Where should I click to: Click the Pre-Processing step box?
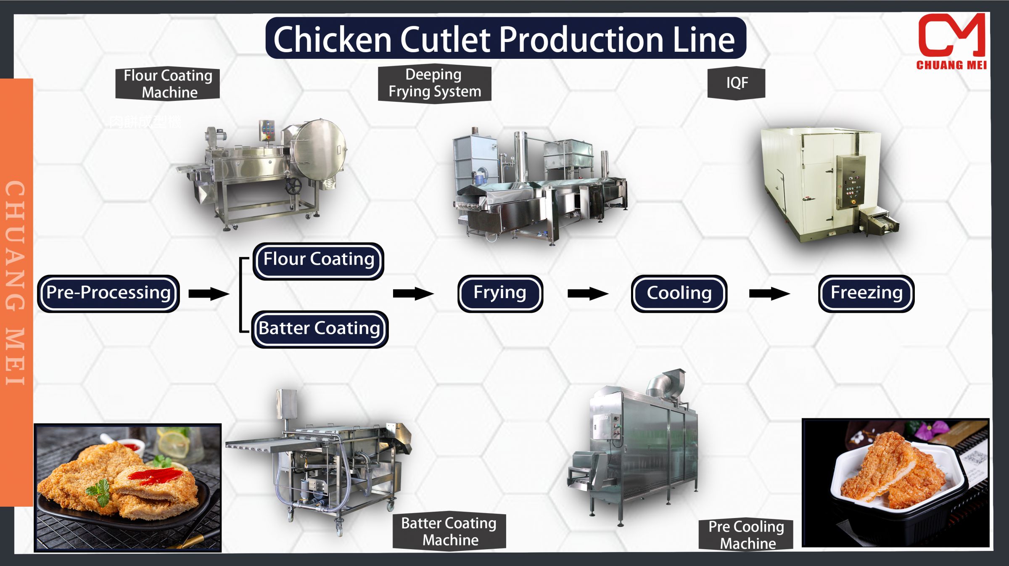(x=108, y=293)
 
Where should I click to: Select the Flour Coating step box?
(x=318, y=260)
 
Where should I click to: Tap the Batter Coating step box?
(x=320, y=329)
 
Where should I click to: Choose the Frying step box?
(x=500, y=293)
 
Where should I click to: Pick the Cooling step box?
(x=679, y=294)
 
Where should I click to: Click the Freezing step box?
(x=866, y=293)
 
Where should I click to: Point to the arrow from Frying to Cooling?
(x=587, y=294)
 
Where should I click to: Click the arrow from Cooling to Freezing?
(x=769, y=294)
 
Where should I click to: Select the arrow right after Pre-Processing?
(x=209, y=294)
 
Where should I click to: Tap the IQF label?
(x=737, y=83)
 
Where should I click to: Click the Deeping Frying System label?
(x=434, y=83)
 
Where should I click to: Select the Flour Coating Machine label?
(x=168, y=84)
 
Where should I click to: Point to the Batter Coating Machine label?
(x=449, y=532)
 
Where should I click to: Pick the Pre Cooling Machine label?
(x=746, y=534)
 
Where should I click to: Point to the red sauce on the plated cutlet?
(x=156, y=477)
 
